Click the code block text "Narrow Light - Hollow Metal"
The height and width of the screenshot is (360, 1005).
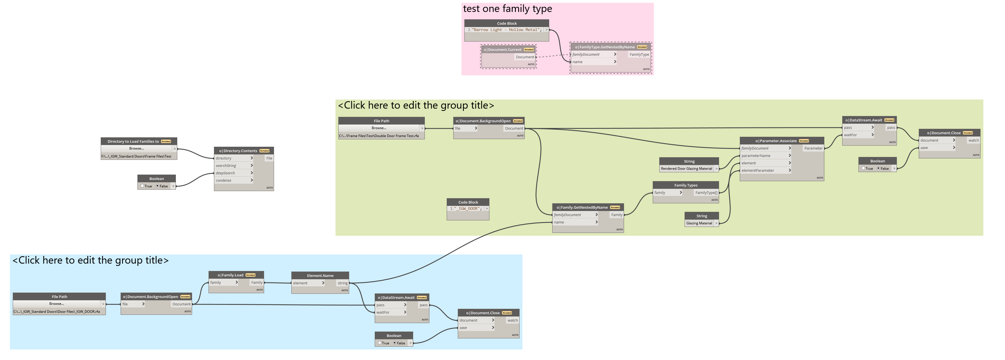pyautogui.click(x=506, y=30)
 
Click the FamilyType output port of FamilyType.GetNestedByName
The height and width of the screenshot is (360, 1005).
pyautogui.click(x=639, y=55)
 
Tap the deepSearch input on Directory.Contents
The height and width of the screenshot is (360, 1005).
pyautogui.click(x=226, y=173)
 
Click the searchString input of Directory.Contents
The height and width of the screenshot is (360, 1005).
pyautogui.click(x=226, y=166)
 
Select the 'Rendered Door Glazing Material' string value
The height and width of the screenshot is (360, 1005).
pyautogui.click(x=686, y=169)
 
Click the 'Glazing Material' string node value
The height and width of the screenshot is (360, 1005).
pyautogui.click(x=699, y=224)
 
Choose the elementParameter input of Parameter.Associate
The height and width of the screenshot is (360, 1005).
pyautogui.click(x=758, y=170)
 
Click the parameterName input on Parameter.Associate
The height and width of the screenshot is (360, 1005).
pyautogui.click(x=756, y=156)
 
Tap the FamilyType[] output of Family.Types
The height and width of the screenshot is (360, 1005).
pyautogui.click(x=706, y=193)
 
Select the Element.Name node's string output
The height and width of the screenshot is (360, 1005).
pyautogui.click(x=343, y=283)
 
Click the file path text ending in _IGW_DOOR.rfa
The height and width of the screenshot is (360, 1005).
pyautogui.click(x=57, y=312)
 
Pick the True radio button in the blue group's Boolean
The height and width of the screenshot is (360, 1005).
pyautogui.click(x=379, y=343)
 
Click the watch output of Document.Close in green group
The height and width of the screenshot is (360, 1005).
pyautogui.click(x=973, y=140)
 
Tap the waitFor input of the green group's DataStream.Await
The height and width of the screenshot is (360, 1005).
pyautogui.click(x=850, y=135)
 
